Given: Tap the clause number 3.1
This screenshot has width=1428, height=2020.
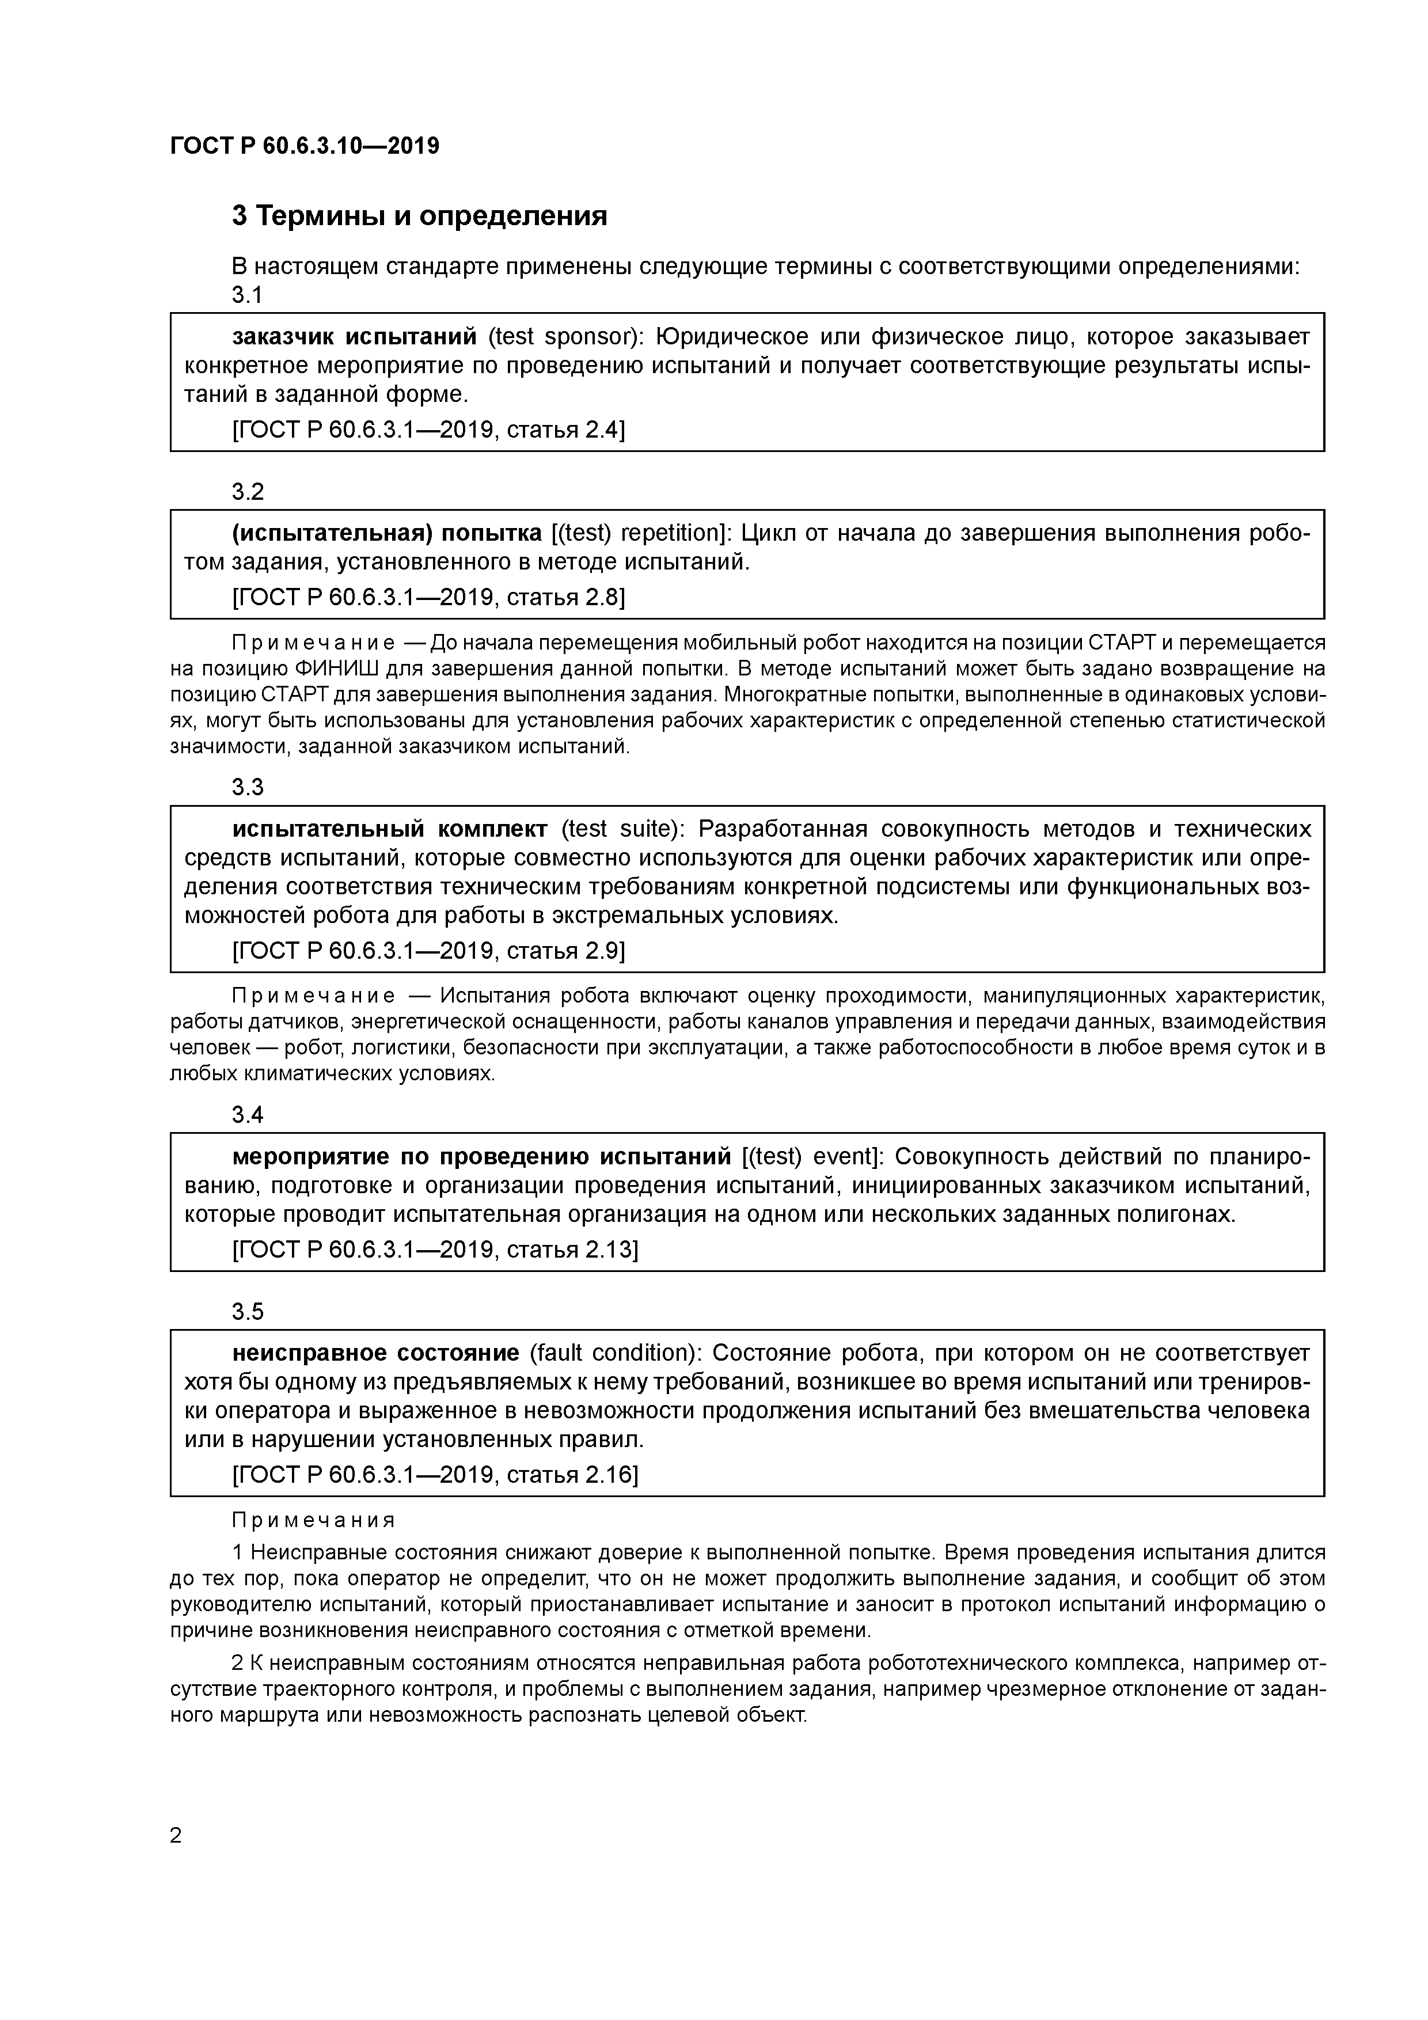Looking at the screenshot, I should (247, 295).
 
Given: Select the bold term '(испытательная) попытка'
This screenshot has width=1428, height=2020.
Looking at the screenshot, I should (386, 533).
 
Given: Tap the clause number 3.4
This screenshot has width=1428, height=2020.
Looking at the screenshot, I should (247, 1115).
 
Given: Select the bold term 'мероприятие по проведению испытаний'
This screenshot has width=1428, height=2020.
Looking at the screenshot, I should (481, 1156).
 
